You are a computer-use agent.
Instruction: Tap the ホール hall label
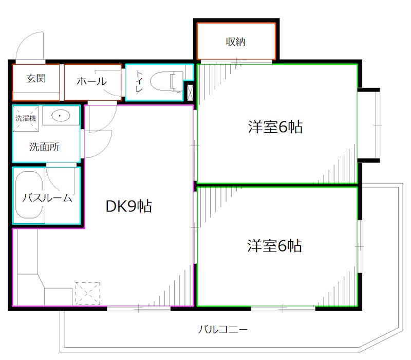pos(91,81)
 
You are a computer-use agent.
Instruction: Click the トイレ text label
pos(139,81)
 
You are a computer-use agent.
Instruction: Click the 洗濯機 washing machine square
pos(26,118)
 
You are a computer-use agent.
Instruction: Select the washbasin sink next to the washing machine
pos(61,116)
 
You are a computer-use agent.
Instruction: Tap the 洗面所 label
pos(44,147)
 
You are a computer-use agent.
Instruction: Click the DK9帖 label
pos(128,207)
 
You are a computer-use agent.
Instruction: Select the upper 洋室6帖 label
pos(275,127)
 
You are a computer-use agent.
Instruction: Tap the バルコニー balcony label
pos(223,329)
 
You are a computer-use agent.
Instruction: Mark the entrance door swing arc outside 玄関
pos(29,44)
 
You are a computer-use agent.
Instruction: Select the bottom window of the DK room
pos(138,308)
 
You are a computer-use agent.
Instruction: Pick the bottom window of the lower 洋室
pos(283,308)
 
